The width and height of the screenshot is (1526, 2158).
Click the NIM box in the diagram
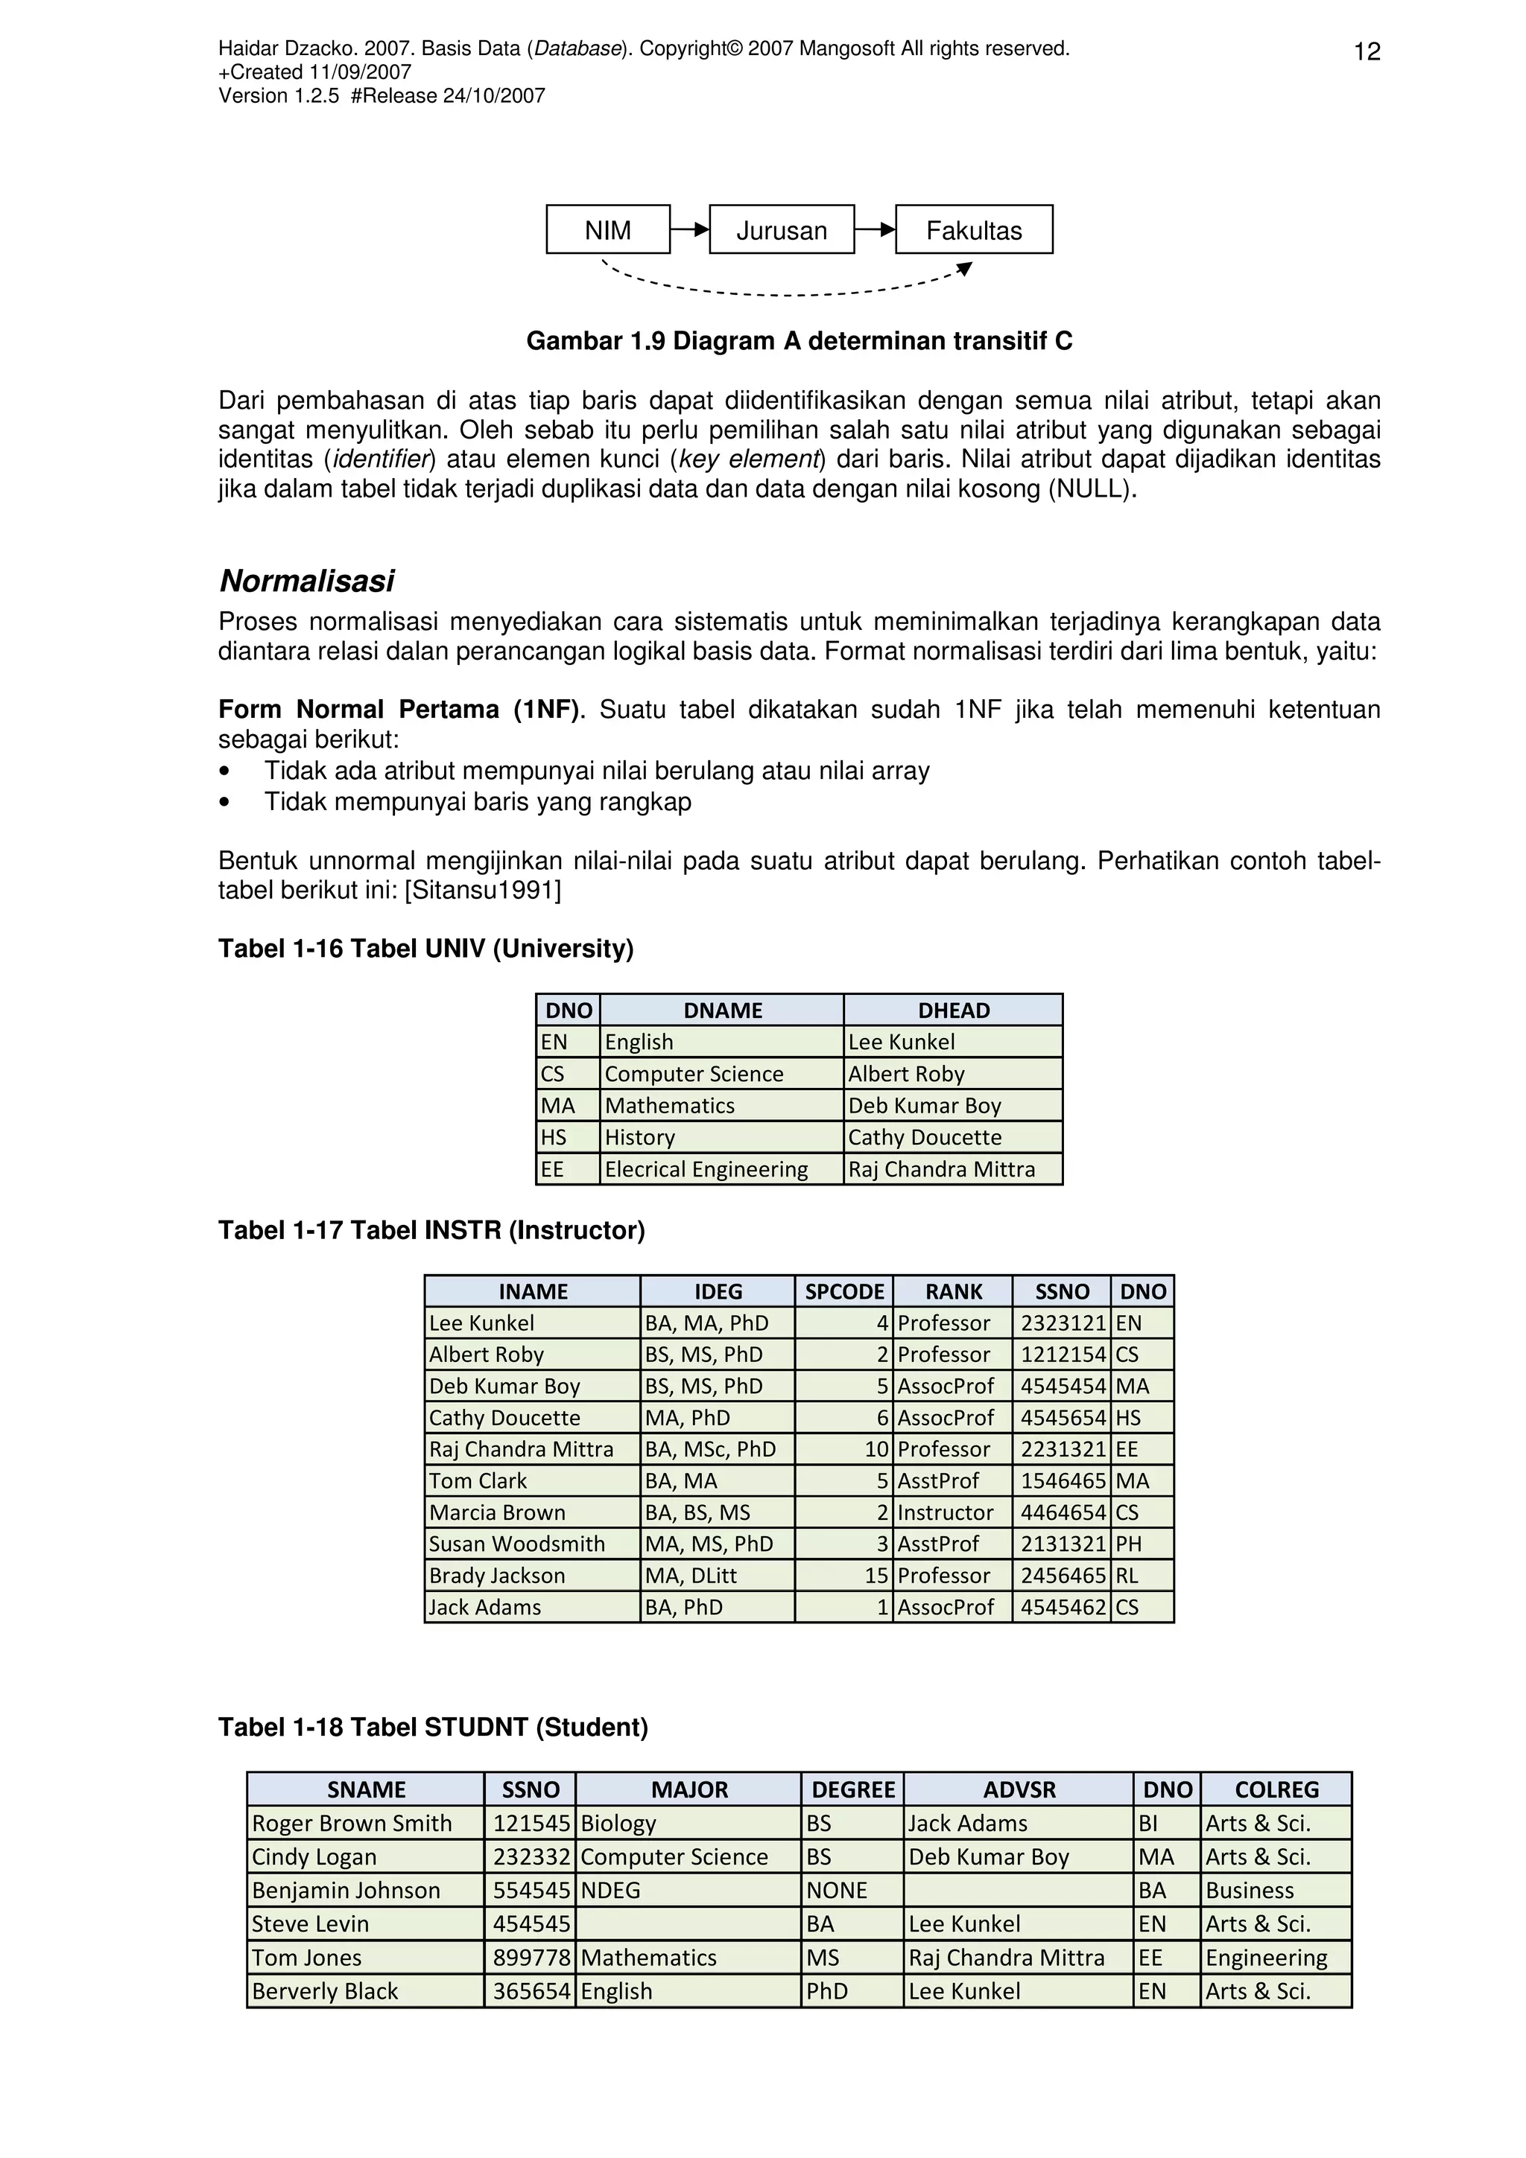(x=607, y=230)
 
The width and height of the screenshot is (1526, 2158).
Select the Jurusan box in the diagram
(x=782, y=230)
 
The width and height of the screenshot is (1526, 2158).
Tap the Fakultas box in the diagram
(x=973, y=230)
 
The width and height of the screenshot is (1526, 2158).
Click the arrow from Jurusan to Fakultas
(x=876, y=229)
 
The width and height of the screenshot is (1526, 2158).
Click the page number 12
(x=1366, y=51)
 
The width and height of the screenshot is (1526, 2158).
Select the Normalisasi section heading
(x=306, y=581)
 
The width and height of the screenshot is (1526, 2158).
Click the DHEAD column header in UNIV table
(x=954, y=1010)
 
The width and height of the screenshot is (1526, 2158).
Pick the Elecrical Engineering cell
(x=706, y=1169)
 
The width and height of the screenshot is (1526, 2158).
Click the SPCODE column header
(x=844, y=1291)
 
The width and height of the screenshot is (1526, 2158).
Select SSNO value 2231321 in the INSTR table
(x=1063, y=1449)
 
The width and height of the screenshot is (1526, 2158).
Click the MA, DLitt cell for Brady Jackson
(x=691, y=1575)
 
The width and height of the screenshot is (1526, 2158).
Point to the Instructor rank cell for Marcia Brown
(x=945, y=1512)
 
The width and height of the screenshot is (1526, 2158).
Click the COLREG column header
(x=1276, y=1789)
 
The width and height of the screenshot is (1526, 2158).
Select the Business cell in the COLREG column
(x=1250, y=1890)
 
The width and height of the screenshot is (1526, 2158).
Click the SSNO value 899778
(x=531, y=1958)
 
